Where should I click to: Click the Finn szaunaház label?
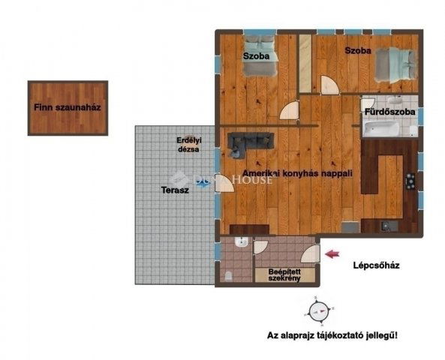click(x=67, y=107)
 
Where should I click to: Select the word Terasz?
click(x=176, y=190)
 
